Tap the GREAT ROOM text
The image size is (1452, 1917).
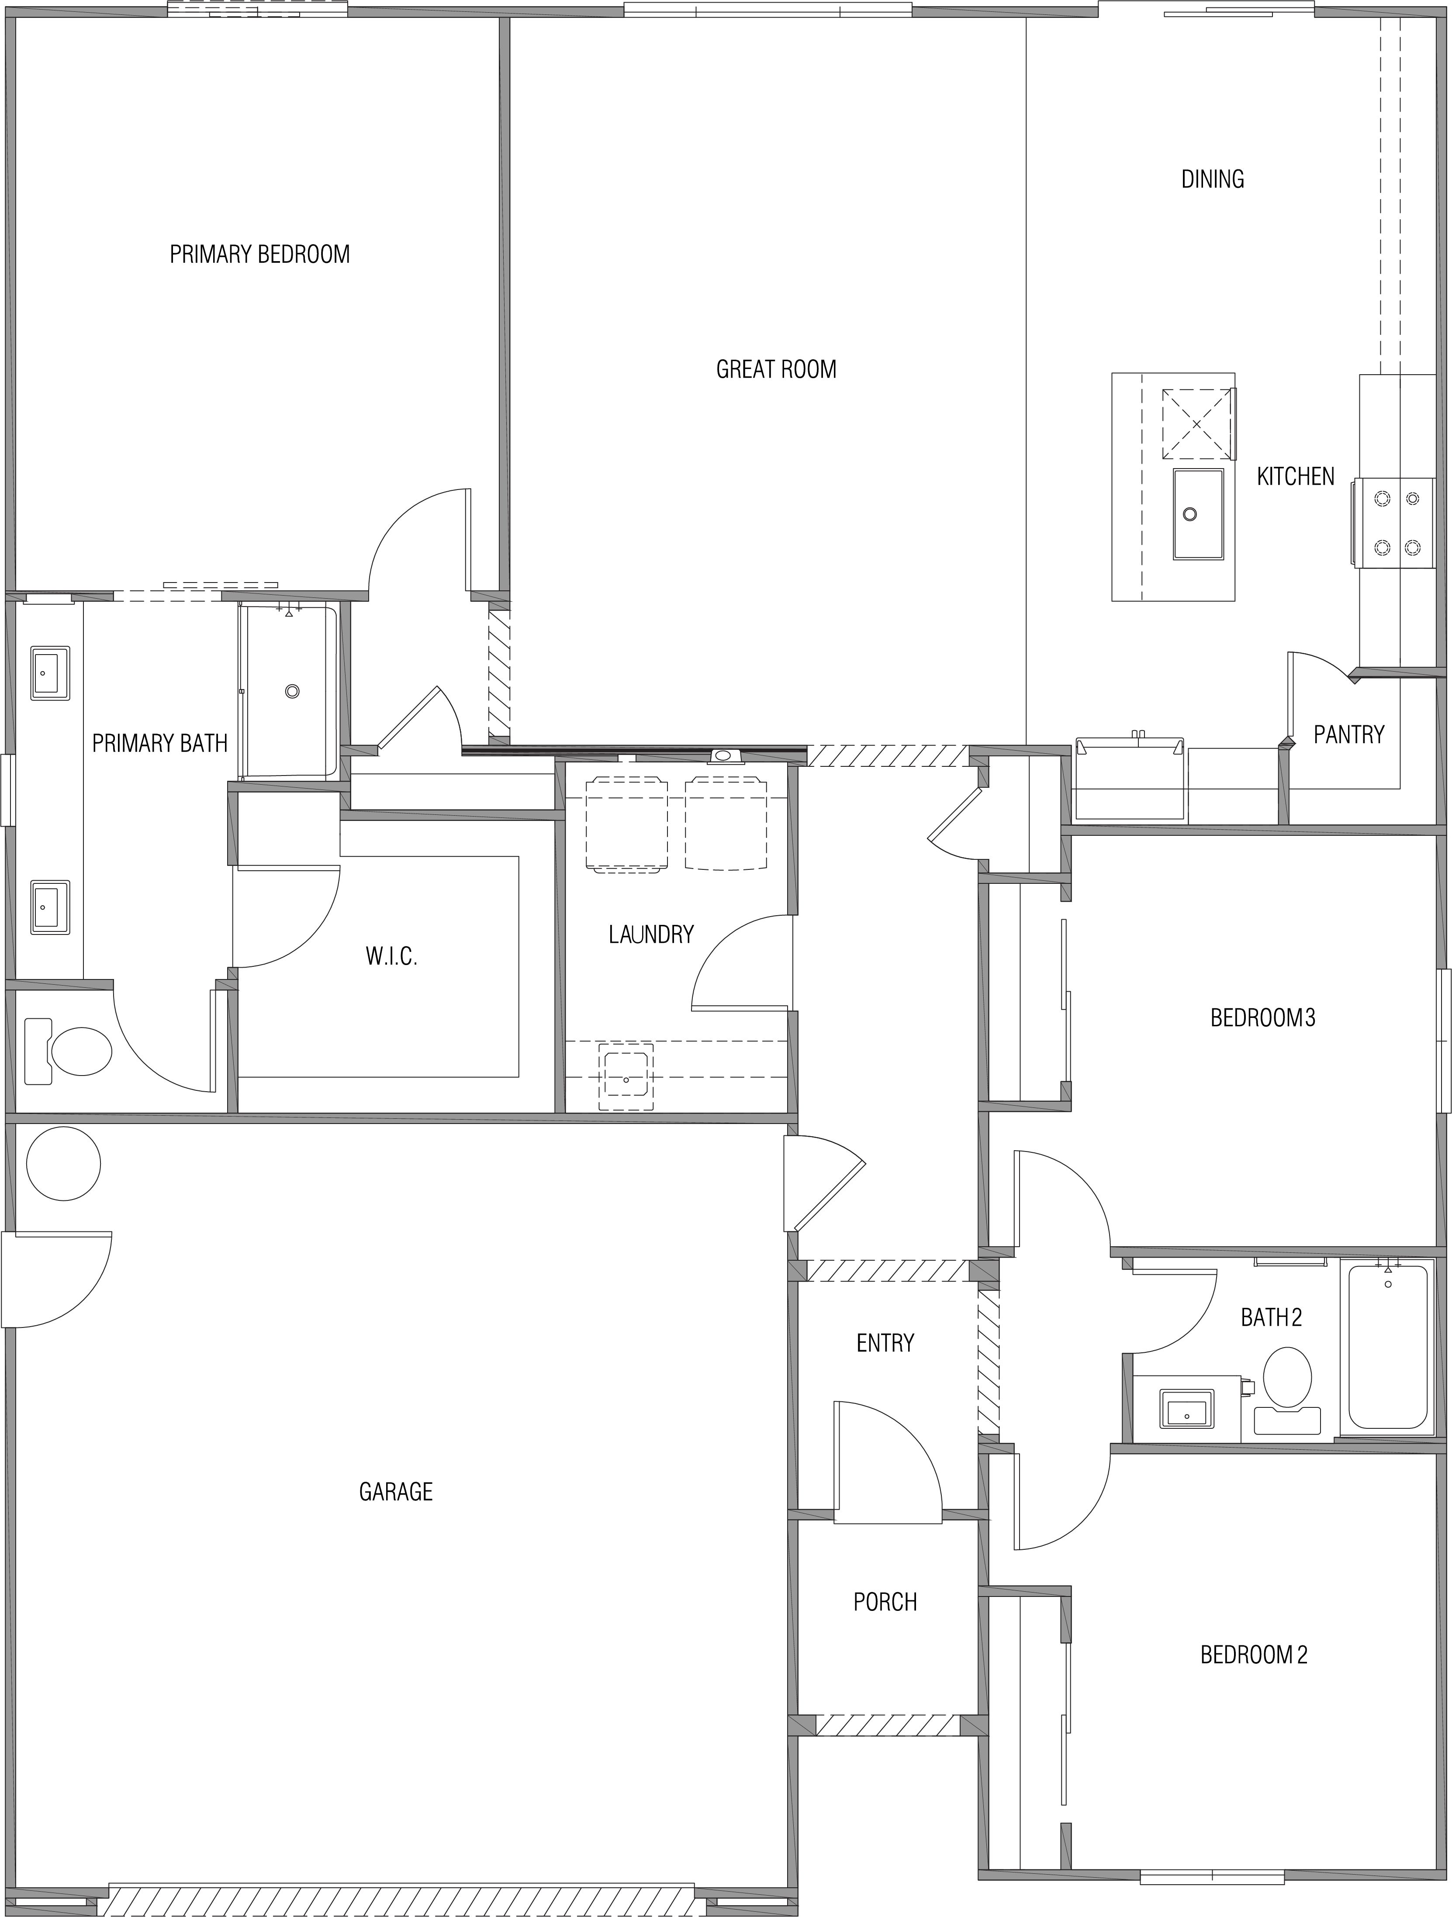[x=776, y=369]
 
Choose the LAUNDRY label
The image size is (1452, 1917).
[x=651, y=934]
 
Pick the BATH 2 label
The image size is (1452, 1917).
[x=1271, y=1317]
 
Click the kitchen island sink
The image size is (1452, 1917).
[x=1198, y=514]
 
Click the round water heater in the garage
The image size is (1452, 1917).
[x=63, y=1164]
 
